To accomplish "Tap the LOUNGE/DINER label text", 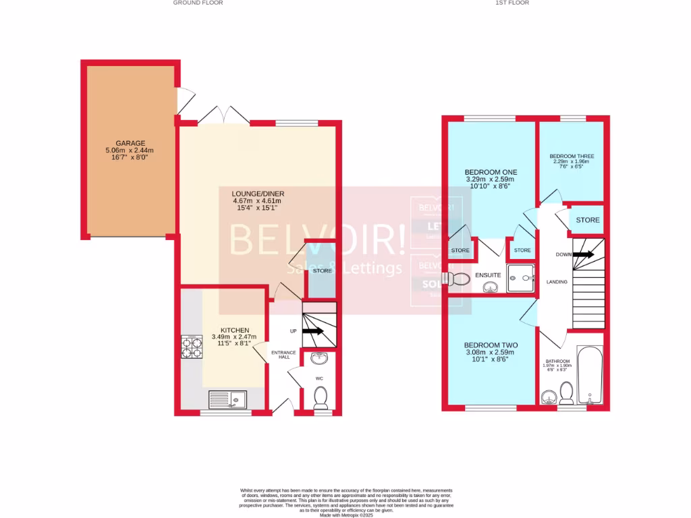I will click(256, 192).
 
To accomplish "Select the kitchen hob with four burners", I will click(192, 347).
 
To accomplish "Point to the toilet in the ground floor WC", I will click(321, 398).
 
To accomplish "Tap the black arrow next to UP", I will click(312, 331).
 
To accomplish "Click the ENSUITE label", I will click(487, 275).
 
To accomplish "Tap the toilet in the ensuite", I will click(461, 279).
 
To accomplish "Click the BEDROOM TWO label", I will click(490, 345).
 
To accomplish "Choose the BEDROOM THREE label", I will click(571, 156).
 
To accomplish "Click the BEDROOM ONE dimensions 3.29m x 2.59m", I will click(490, 179).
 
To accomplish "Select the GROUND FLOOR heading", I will click(198, 3).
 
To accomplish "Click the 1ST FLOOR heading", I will click(513, 3).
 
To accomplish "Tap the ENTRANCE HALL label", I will click(280, 354).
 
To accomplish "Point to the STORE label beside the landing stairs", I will click(587, 220).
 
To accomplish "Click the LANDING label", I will click(557, 282).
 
